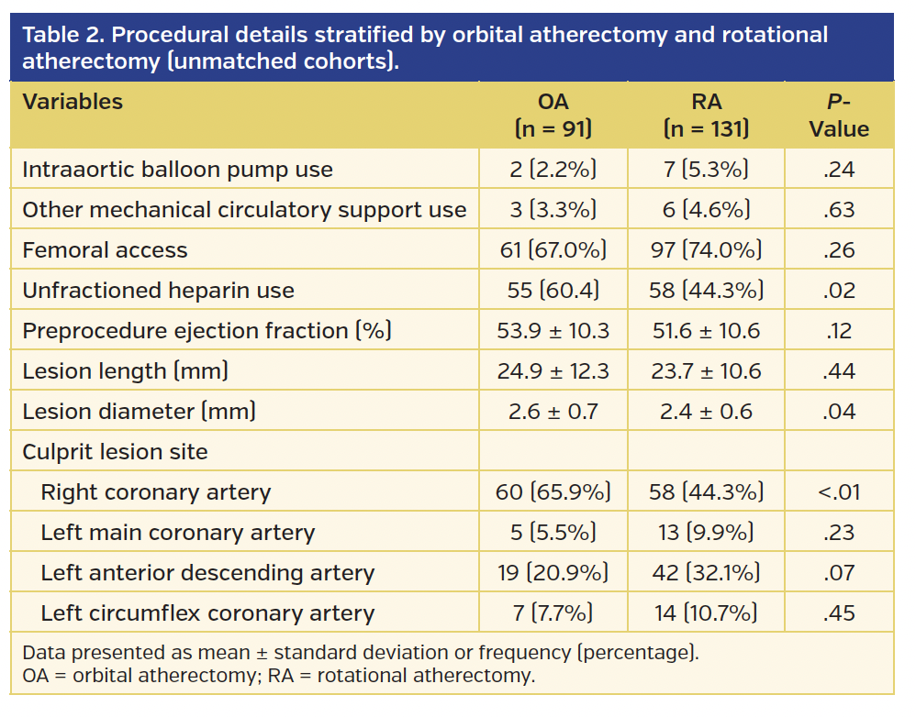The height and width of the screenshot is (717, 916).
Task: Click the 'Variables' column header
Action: (73, 102)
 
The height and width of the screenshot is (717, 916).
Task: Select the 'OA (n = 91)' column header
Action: (553, 116)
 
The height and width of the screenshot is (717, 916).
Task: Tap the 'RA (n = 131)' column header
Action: (706, 116)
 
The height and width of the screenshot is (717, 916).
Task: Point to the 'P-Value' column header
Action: (838, 116)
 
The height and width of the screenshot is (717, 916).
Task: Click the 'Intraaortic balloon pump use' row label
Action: (177, 170)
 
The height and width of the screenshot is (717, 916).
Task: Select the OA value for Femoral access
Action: (553, 250)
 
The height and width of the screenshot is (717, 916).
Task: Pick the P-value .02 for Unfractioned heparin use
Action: (838, 291)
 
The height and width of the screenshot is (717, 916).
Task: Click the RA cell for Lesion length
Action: (706, 371)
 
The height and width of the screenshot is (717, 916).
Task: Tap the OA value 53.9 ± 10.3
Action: (553, 331)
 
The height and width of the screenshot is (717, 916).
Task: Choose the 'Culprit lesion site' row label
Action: (115, 452)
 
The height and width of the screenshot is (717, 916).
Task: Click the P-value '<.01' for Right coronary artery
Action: (838, 492)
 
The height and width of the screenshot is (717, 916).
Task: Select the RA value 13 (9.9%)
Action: (706, 533)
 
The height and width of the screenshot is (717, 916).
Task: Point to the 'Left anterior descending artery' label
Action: (207, 573)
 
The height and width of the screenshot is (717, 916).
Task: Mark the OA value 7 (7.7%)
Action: (553, 613)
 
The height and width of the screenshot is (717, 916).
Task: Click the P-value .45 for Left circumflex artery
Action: (838, 613)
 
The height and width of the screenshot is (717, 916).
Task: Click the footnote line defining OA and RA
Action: (277, 677)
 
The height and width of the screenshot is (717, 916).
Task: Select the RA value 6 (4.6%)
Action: (706, 210)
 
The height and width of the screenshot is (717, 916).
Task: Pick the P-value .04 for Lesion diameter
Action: (838, 412)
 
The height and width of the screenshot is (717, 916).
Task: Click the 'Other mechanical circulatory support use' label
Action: (244, 210)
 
